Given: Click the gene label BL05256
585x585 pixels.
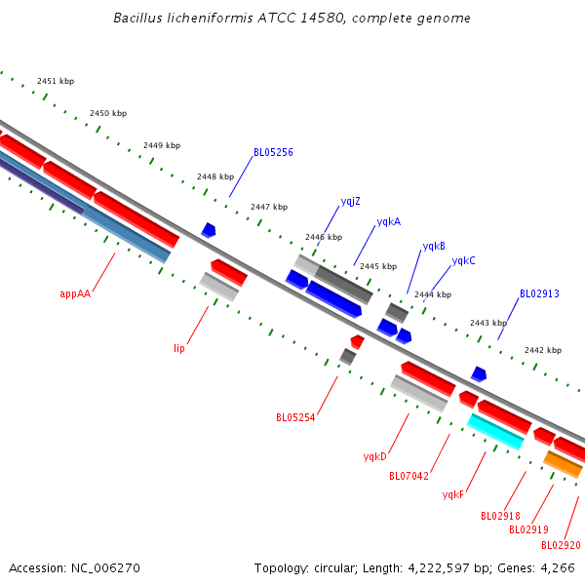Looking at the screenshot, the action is tap(273, 152).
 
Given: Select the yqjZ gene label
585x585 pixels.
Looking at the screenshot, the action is tap(350, 202).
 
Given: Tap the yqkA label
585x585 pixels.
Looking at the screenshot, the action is tap(389, 222).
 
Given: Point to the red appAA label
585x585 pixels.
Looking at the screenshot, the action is tap(75, 294).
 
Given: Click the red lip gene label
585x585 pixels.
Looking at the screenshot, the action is tap(179, 348).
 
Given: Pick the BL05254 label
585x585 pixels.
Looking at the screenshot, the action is tap(295, 417).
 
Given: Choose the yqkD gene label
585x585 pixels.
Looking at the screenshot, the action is tap(375, 456).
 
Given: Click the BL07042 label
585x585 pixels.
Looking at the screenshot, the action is tap(409, 476).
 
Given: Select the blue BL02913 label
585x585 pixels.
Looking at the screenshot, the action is tap(539, 294).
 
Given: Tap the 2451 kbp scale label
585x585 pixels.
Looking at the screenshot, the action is tap(56, 81).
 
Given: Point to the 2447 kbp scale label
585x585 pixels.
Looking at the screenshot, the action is tap(269, 207).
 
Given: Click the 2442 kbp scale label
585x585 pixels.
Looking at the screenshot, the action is tap(543, 350).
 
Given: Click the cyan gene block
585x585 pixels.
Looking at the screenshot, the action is tap(495, 432).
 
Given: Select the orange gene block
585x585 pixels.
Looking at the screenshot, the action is tap(563, 464).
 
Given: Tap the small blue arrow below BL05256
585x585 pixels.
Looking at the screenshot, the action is tap(209, 230).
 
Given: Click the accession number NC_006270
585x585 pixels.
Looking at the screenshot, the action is tap(105, 568).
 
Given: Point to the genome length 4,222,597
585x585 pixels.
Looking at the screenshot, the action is tap(439, 568).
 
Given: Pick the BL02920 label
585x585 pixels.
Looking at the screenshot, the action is tap(561, 545).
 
